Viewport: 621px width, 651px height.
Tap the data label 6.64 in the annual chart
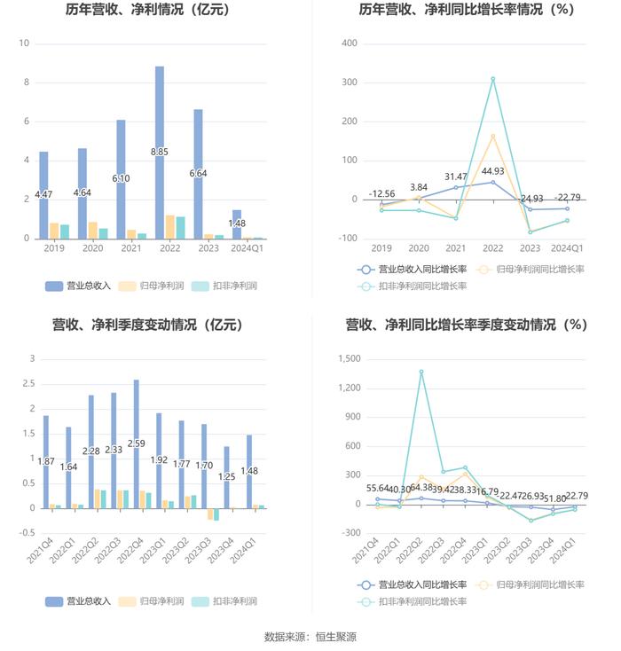click(199, 173)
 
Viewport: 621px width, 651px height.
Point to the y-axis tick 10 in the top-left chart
click(24, 43)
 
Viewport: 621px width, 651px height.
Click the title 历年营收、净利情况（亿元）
click(147, 11)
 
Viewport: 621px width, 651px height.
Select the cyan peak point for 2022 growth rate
click(492, 79)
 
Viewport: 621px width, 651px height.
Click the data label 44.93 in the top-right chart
click(492, 171)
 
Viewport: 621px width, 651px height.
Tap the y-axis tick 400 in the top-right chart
click(349, 43)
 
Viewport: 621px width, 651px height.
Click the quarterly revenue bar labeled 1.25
click(226, 477)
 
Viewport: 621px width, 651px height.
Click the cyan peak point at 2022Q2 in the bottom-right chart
click(421, 372)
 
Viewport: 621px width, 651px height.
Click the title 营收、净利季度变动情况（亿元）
click(147, 325)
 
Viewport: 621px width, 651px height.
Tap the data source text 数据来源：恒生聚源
click(310, 637)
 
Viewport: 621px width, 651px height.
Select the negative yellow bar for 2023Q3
click(210, 514)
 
